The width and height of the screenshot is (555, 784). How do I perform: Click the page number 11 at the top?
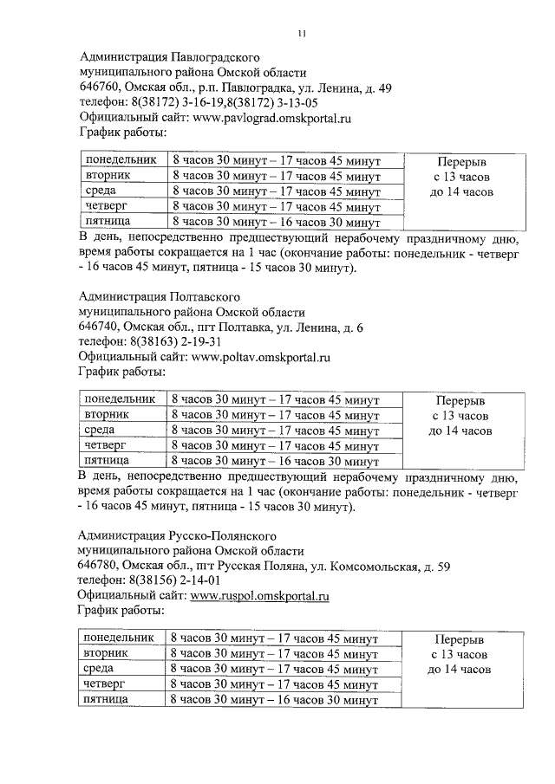(300, 34)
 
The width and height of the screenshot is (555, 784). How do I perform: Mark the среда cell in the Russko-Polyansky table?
(100, 669)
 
